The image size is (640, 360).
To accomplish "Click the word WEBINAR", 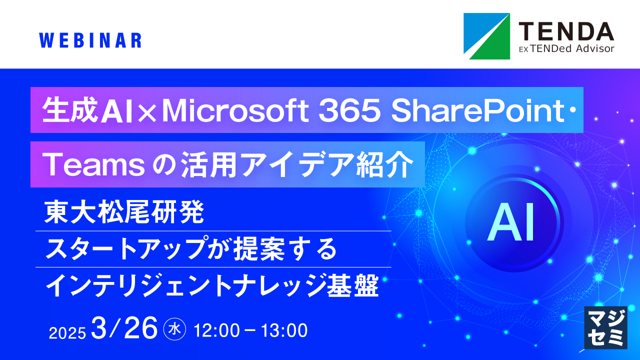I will pyautogui.click(x=89, y=40).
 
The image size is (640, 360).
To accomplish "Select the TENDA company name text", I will pyautogui.click(x=565, y=31).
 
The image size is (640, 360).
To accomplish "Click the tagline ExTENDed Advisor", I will pyautogui.click(x=565, y=48).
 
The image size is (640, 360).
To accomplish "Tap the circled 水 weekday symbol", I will pyautogui.click(x=175, y=329).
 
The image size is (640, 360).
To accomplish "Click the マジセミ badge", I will pyautogui.click(x=605, y=327).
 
